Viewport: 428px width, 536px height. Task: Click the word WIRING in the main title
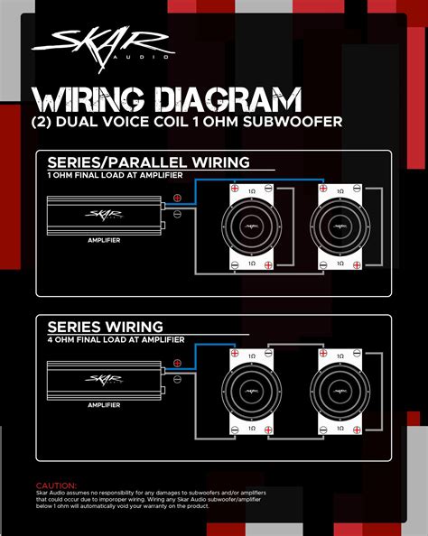point(86,99)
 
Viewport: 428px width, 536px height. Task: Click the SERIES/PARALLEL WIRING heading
point(148,163)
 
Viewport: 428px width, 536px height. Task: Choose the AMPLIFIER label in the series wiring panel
point(105,404)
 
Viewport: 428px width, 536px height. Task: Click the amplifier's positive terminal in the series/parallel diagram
point(178,198)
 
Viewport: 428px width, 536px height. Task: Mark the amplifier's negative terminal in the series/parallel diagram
point(178,214)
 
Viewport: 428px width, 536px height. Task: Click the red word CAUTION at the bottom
point(56,485)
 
